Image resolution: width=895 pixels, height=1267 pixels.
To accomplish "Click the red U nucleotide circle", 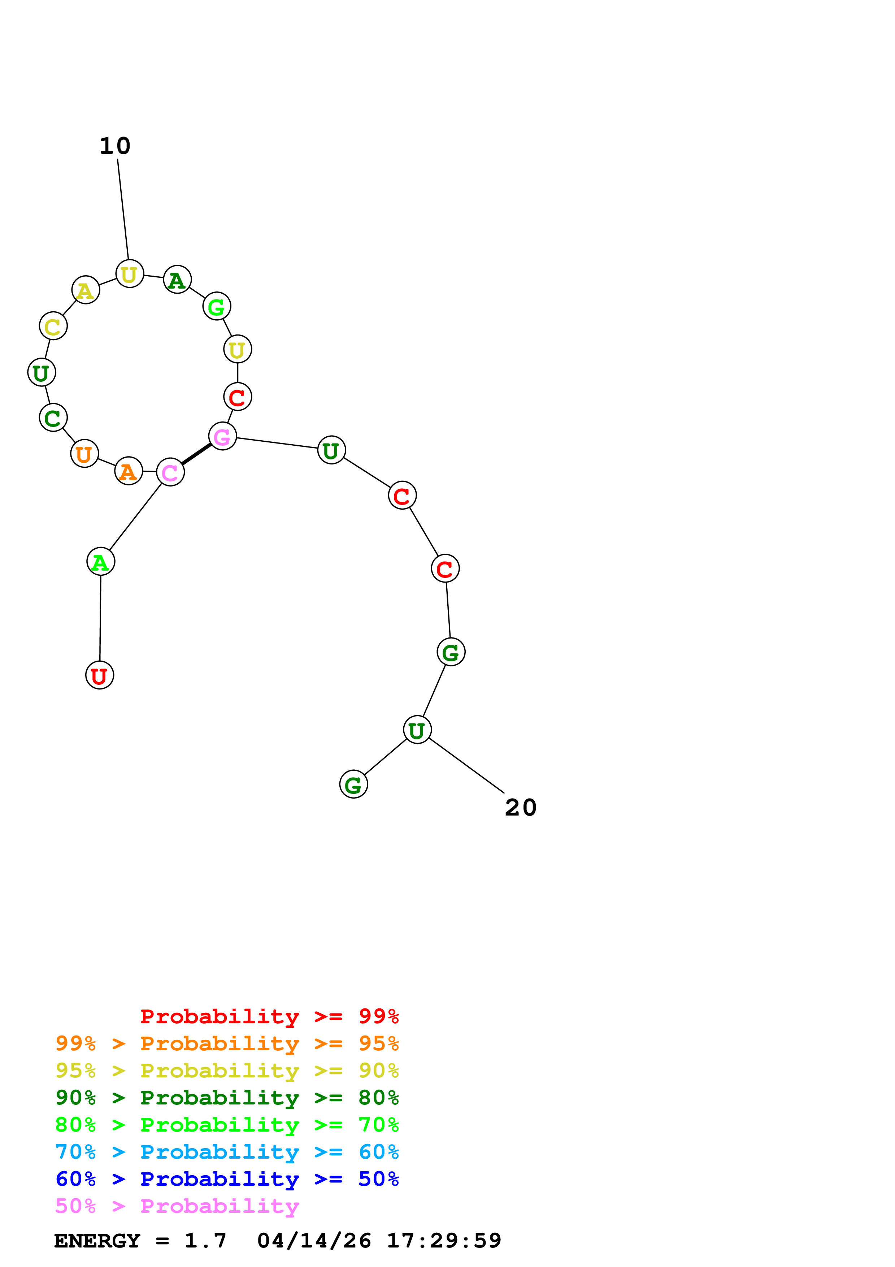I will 99,675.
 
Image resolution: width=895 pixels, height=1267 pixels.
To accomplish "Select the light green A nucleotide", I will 100,561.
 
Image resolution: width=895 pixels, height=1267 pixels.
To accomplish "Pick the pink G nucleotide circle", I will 222,437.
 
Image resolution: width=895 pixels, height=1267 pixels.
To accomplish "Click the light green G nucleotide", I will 217,306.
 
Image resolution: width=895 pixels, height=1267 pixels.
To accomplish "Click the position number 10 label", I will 115,146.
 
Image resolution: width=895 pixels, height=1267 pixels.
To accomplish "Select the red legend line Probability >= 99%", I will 269,1016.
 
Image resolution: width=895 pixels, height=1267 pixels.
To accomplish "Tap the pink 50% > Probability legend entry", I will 177,1206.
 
